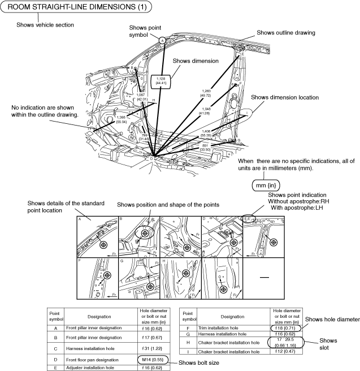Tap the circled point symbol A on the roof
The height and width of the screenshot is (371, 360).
click(x=162, y=40)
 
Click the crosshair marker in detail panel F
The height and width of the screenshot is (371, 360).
click(x=107, y=274)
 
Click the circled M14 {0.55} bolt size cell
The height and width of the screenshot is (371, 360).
click(x=150, y=360)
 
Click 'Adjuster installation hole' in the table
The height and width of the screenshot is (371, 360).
click(x=99, y=368)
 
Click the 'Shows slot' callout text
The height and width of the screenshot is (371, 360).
click(x=328, y=344)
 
